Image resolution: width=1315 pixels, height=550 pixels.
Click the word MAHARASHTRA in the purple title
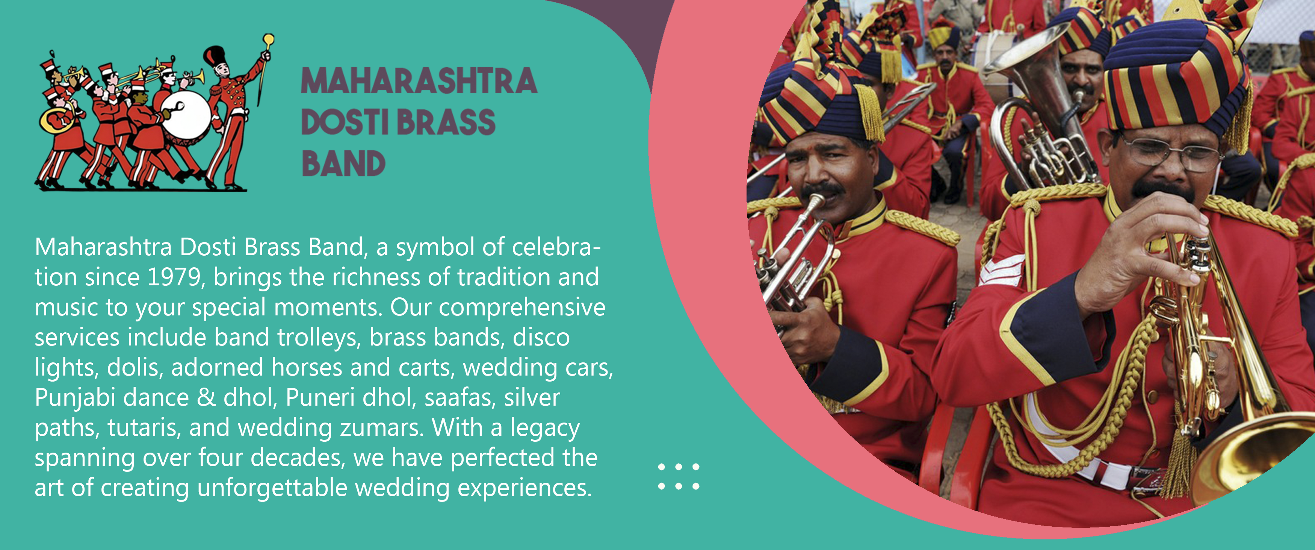[x=419, y=81]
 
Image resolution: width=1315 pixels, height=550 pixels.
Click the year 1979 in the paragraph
[x=174, y=277]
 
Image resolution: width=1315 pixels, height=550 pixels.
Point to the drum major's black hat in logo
[x=215, y=56]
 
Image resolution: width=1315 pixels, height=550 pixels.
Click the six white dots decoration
[x=679, y=476]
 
